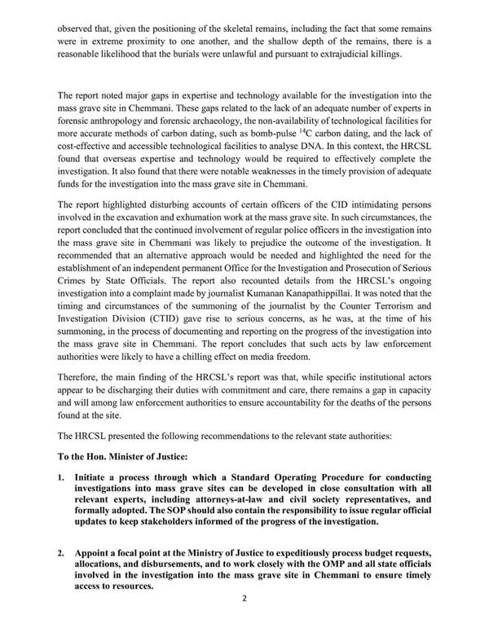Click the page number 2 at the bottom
coord(244,621)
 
